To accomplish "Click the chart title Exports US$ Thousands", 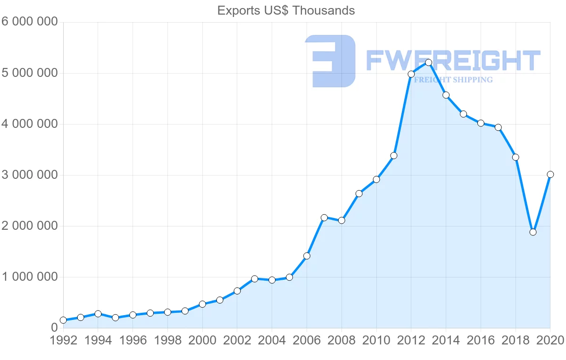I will click(286, 10).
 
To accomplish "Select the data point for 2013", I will click(428, 62).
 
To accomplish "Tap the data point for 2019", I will click(533, 232).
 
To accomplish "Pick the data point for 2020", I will click(550, 174).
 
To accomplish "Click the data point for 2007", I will click(324, 218).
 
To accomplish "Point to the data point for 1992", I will click(63, 320).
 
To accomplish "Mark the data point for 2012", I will click(411, 74).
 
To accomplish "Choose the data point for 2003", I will click(255, 279).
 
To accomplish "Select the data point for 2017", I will click(498, 127).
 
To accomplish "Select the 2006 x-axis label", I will click(307, 341).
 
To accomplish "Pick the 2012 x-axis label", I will click(411, 341).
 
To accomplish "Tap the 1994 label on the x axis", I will click(98, 341).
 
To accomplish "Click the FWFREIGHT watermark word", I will click(453, 61).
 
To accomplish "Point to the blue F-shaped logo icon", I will click(330, 61).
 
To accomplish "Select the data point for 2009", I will click(359, 193).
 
